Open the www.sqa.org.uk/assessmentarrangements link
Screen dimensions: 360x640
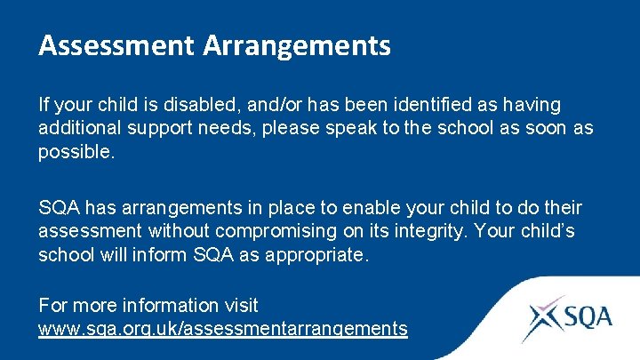pyautogui.click(x=222, y=328)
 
